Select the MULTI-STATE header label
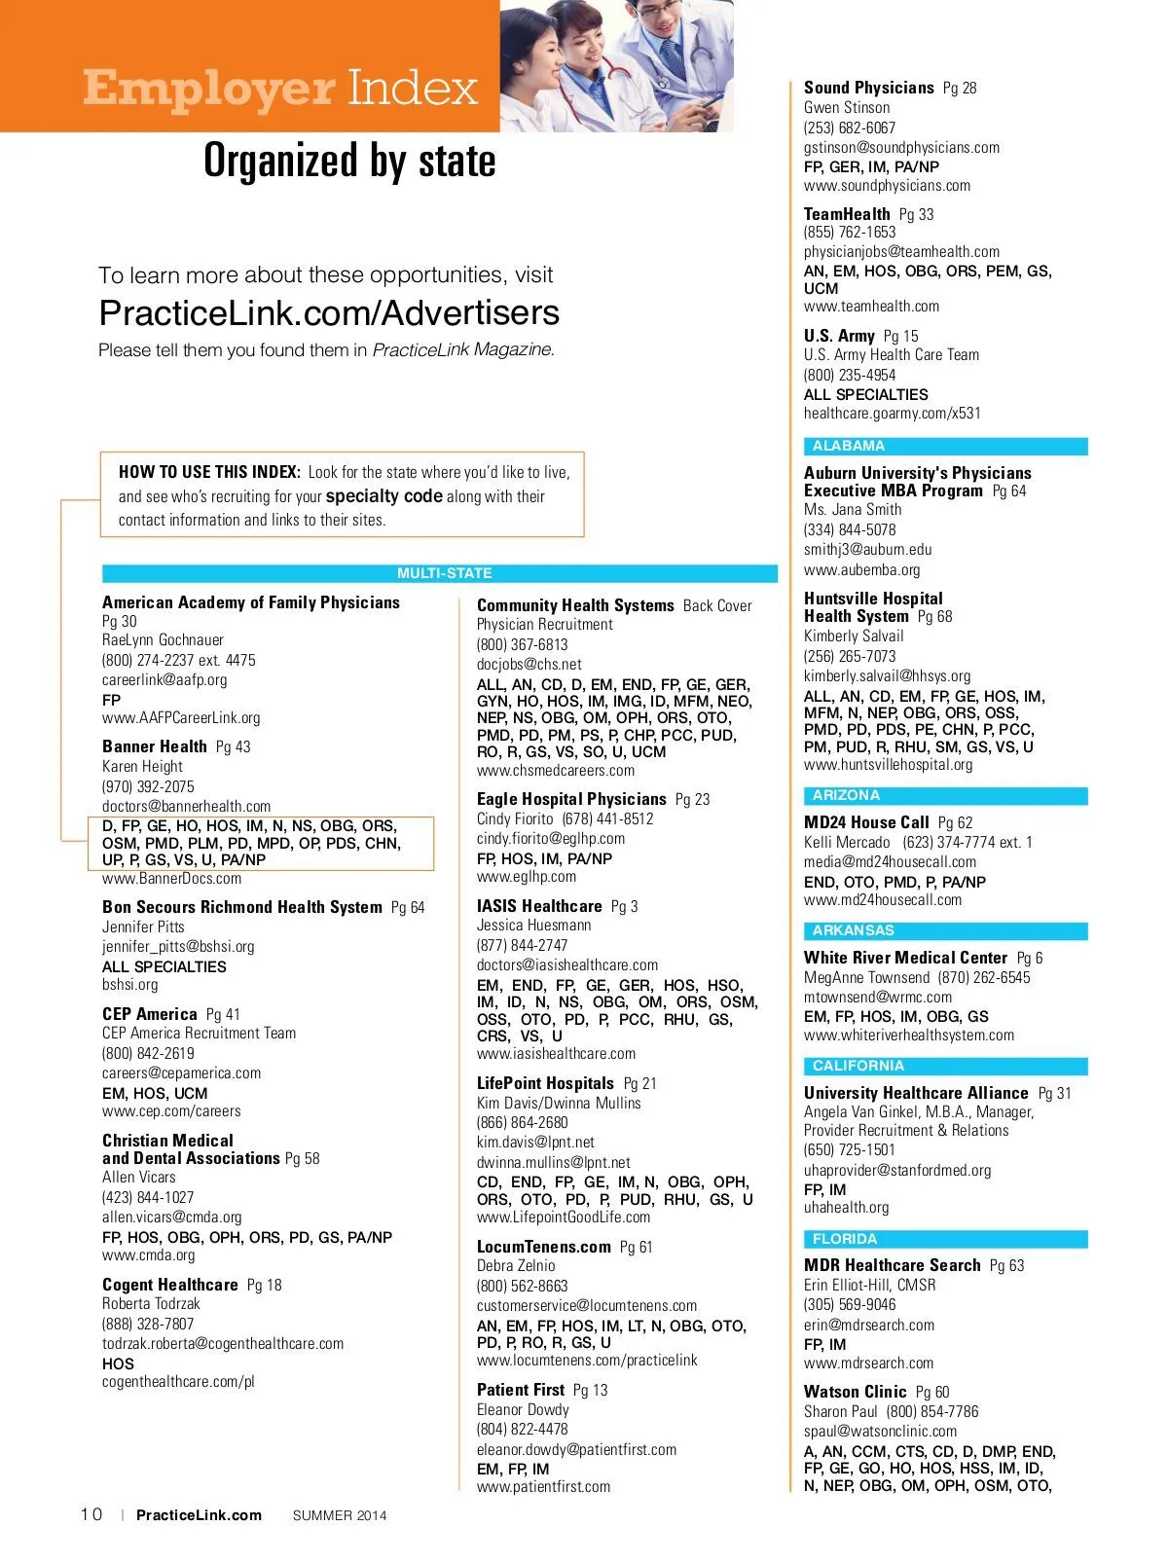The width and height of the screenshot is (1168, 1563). point(444,573)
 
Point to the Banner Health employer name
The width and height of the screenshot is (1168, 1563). point(155,746)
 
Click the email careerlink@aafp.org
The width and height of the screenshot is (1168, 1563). point(164,679)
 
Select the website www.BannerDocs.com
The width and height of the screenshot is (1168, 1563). point(171,878)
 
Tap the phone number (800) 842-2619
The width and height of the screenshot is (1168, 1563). point(148,1053)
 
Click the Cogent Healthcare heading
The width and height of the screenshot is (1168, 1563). point(170,1285)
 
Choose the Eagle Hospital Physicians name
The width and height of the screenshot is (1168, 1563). point(571,799)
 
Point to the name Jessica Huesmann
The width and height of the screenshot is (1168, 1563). point(533,925)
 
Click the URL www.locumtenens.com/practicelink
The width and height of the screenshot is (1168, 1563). point(587,1360)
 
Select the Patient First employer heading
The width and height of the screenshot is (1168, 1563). point(521,1390)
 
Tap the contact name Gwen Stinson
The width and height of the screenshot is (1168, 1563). point(847,107)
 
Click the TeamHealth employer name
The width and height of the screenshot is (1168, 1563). point(847,214)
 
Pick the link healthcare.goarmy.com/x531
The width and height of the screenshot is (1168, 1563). point(893,413)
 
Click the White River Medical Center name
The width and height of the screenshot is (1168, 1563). point(905,958)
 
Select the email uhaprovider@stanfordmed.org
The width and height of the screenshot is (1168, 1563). point(897,1170)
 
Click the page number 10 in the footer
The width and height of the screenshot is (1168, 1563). point(91,1514)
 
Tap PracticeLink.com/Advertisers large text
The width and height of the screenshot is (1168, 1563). point(329,312)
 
